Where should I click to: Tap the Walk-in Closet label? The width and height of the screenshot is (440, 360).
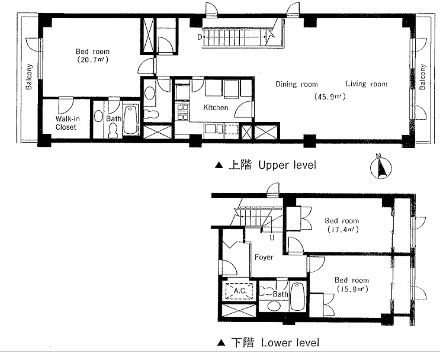[67, 123]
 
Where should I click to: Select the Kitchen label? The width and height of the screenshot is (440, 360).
[216, 107]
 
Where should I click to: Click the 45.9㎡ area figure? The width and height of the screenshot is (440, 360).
[330, 97]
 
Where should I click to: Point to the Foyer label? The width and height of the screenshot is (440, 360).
[264, 258]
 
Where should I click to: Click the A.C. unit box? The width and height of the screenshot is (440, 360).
[240, 291]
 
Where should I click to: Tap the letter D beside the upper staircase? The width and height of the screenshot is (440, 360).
[200, 37]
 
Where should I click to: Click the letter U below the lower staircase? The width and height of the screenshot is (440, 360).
[272, 238]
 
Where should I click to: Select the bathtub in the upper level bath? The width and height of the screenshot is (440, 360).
[131, 120]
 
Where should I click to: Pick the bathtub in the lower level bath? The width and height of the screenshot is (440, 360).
[297, 296]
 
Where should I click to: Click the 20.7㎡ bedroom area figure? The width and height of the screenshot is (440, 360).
[92, 60]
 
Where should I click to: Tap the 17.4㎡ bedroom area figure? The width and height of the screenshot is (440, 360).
[343, 230]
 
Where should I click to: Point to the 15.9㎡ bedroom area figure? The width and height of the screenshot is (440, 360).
[352, 289]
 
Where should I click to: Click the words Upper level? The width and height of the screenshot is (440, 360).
[287, 165]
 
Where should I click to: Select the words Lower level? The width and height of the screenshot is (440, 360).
[290, 343]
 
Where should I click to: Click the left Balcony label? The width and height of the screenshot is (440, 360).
[29, 77]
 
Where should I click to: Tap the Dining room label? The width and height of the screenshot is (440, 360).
[297, 84]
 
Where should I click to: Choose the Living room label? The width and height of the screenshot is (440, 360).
[367, 83]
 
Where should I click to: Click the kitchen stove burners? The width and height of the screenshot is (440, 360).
[182, 112]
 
